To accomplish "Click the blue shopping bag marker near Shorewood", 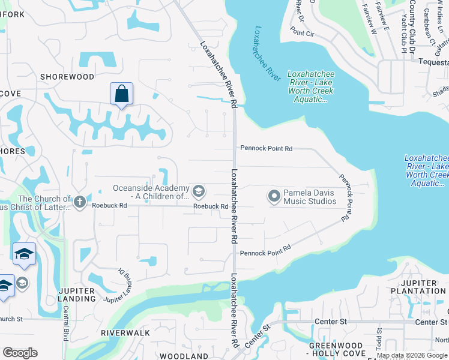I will pyautogui.click(x=121, y=94).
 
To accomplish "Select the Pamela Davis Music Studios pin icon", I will pyautogui.click(x=274, y=196).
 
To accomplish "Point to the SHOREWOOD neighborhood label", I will pyautogui.click(x=67, y=77).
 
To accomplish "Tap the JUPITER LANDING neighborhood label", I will pyautogui.click(x=76, y=295).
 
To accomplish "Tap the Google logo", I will pyautogui.click(x=20, y=352).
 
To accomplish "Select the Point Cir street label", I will pyautogui.click(x=303, y=33).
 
